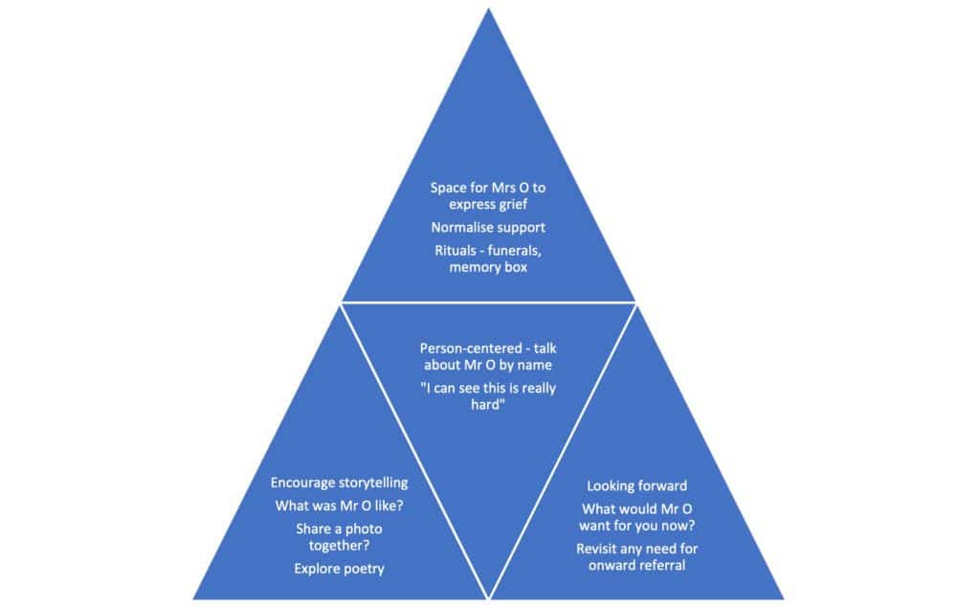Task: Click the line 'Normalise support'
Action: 488,229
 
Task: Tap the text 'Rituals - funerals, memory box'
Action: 488,259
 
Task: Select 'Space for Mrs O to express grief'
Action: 488,196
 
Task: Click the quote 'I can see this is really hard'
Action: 488,396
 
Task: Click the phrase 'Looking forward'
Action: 636,486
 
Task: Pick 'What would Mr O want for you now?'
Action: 636,517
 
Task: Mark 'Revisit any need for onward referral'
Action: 636,557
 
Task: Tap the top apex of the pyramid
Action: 489,10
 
